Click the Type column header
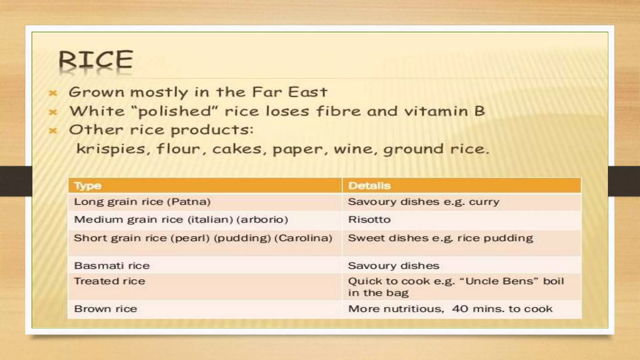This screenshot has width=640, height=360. click(x=88, y=186)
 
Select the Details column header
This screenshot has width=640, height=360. click(x=369, y=186)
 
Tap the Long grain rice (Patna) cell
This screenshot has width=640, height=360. click(x=142, y=202)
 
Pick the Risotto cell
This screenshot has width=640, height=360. click(x=369, y=219)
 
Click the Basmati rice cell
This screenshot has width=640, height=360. click(x=112, y=266)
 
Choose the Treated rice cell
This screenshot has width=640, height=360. click(x=110, y=281)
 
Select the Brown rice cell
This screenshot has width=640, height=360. click(x=106, y=309)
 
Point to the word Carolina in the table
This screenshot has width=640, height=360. click(x=303, y=238)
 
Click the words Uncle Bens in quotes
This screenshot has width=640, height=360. click(x=502, y=281)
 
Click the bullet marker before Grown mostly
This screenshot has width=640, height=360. click(x=53, y=93)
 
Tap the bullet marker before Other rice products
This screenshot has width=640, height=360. click(x=53, y=131)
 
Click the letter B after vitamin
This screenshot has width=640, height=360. click(x=479, y=111)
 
